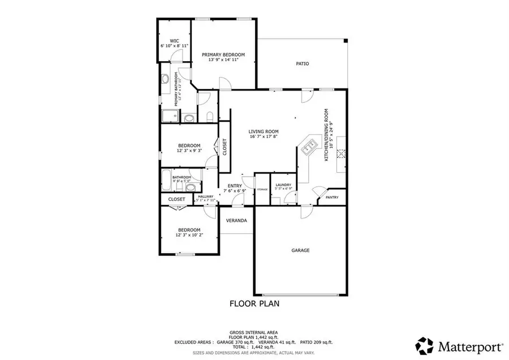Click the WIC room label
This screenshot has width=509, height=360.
[x=174, y=41]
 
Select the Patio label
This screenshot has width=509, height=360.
[x=303, y=64]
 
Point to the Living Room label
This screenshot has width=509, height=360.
[x=264, y=131]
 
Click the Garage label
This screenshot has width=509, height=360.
[x=300, y=250]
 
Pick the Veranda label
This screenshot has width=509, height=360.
[x=237, y=220]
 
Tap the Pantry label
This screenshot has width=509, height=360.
[x=331, y=197]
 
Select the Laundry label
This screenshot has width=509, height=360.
[x=283, y=185]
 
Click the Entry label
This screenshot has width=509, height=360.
[x=235, y=186]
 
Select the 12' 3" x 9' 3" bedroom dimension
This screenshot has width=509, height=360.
[x=189, y=151]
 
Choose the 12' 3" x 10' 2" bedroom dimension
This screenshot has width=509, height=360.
[x=189, y=235]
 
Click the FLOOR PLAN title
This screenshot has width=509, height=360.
[x=254, y=303]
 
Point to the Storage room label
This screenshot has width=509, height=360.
[x=262, y=189]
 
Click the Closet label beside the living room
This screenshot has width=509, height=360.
[x=225, y=147]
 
